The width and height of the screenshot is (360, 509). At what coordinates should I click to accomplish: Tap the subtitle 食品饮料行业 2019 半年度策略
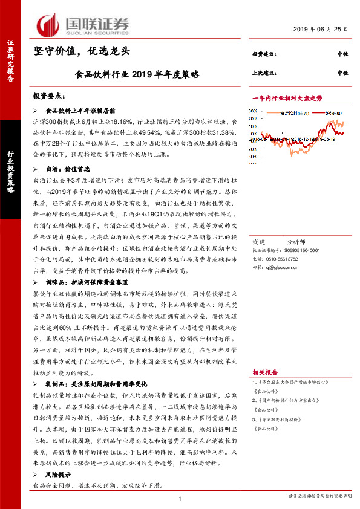137,76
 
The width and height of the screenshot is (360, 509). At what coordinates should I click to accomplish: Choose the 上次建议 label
264,73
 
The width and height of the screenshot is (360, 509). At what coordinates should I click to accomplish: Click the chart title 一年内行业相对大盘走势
287,97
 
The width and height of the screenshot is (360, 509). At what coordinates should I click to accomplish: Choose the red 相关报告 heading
265,372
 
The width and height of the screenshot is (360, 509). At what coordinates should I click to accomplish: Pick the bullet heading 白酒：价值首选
67,170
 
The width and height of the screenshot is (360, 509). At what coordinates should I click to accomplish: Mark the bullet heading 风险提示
59,476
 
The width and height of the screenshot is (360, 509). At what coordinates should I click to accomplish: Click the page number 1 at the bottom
180,498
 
